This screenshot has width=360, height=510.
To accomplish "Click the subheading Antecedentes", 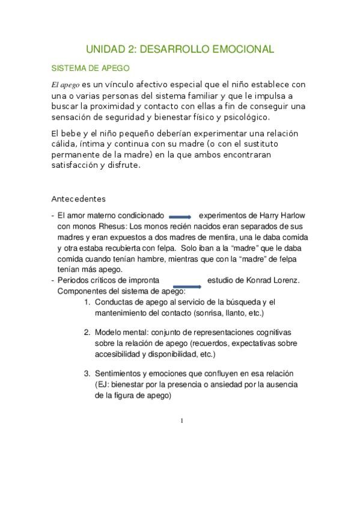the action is coord(78,198).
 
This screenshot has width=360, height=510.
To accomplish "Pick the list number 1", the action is coord(87,302).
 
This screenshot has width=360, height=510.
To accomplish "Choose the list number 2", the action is coord(87,332).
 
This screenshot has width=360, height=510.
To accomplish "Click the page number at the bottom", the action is coord(182,420).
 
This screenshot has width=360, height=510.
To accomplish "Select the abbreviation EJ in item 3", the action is coord(103,385).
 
